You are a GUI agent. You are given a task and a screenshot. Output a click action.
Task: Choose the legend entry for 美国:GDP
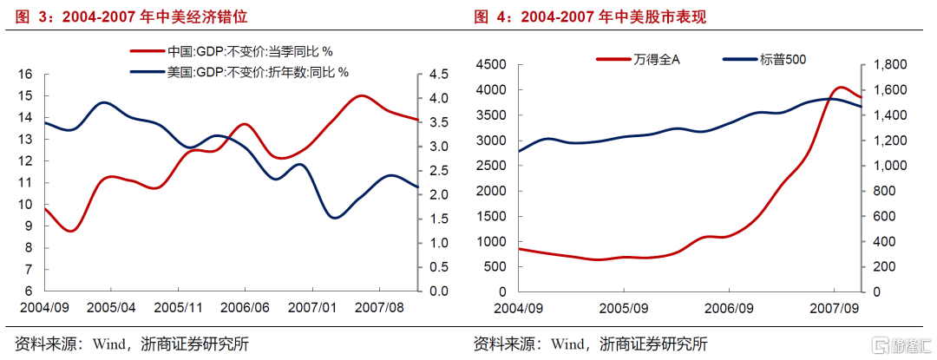click(252, 71)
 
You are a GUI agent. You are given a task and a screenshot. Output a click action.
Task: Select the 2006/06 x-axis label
click(246, 308)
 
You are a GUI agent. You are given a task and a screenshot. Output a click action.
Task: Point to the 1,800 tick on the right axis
click(886, 64)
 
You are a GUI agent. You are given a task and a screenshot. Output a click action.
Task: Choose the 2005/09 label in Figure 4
click(624, 308)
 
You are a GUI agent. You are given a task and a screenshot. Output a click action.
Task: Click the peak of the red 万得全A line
click(839, 88)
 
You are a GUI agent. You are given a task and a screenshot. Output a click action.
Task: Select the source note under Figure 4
click(589, 344)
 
